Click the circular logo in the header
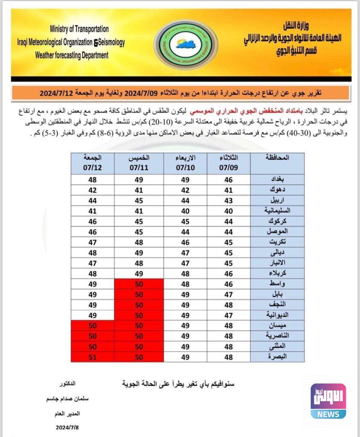pos(186,44)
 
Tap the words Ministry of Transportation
pos(79,29)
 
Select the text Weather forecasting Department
pos(72,55)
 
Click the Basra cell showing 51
pos(93,356)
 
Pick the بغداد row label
pos(277,179)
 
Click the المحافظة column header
pos(277,157)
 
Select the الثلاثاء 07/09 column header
pos(228,163)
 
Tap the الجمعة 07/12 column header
pos(93,163)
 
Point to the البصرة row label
pos(277,356)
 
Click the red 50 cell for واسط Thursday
pos(139,284)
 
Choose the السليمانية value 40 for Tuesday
pos(228,210)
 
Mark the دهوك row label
pos(277,190)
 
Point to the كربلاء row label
pos(277,273)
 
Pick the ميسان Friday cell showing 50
pos(93,326)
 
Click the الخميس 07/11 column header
pos(139,163)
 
